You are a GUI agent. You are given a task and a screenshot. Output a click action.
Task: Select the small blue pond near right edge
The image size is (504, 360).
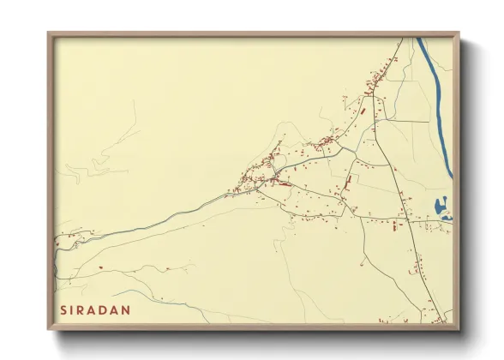pyautogui.click(x=441, y=207)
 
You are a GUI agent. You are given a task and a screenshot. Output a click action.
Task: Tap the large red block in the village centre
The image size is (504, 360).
pyautogui.click(x=282, y=183)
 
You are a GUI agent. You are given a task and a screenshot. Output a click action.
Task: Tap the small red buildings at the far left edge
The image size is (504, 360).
pyautogui.click(x=57, y=245)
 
